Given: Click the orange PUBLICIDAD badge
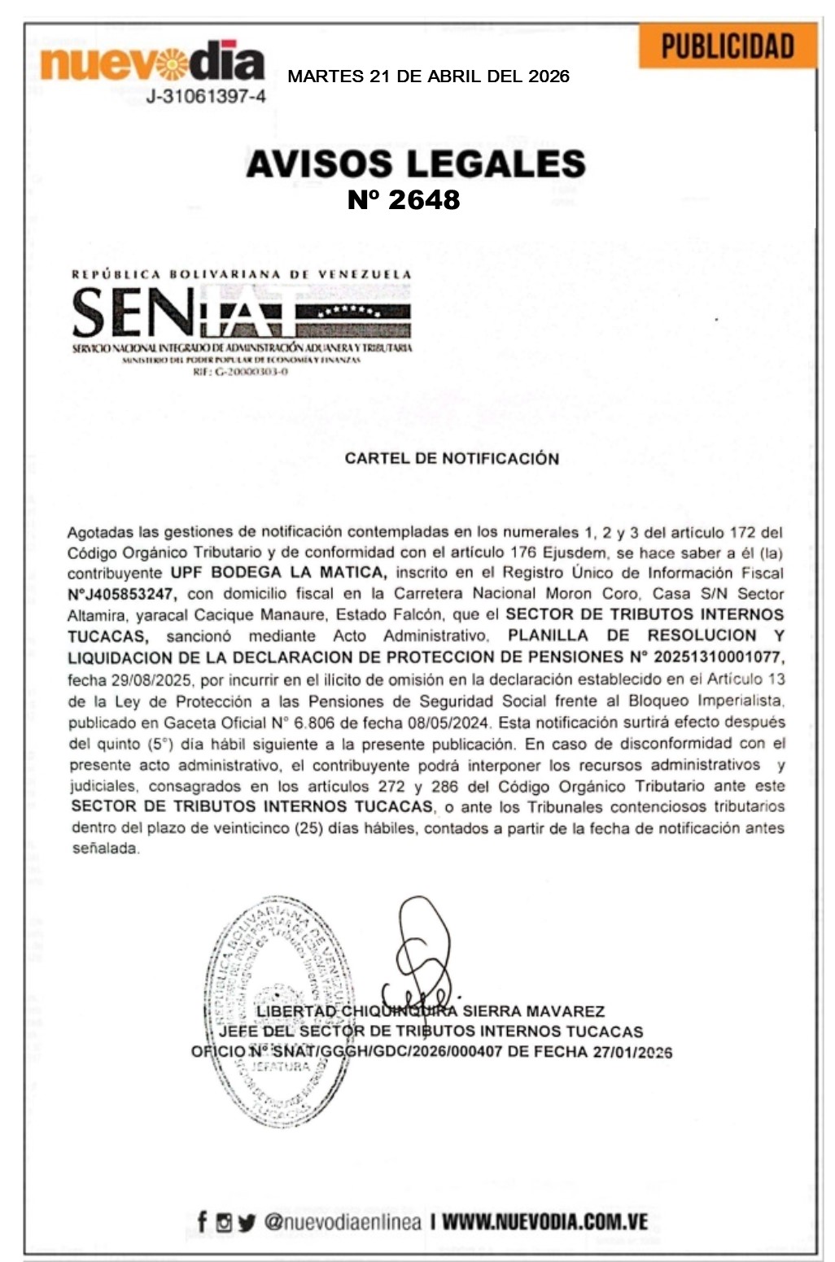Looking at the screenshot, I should coord(727,46).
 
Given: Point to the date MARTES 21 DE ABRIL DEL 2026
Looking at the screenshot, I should coord(428,76).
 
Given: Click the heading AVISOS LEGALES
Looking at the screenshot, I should coord(416,164).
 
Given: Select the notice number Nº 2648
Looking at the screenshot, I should coord(404,199).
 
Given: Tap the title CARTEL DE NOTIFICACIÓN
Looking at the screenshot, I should coord(452,458).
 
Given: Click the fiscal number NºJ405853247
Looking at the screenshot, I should coord(122,593).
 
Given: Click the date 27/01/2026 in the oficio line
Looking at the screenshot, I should coord(632,1051).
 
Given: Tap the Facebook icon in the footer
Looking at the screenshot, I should coord(202,1221).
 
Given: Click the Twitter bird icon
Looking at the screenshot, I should coord(247,1222).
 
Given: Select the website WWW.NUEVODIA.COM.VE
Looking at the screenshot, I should coord(544,1221).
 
